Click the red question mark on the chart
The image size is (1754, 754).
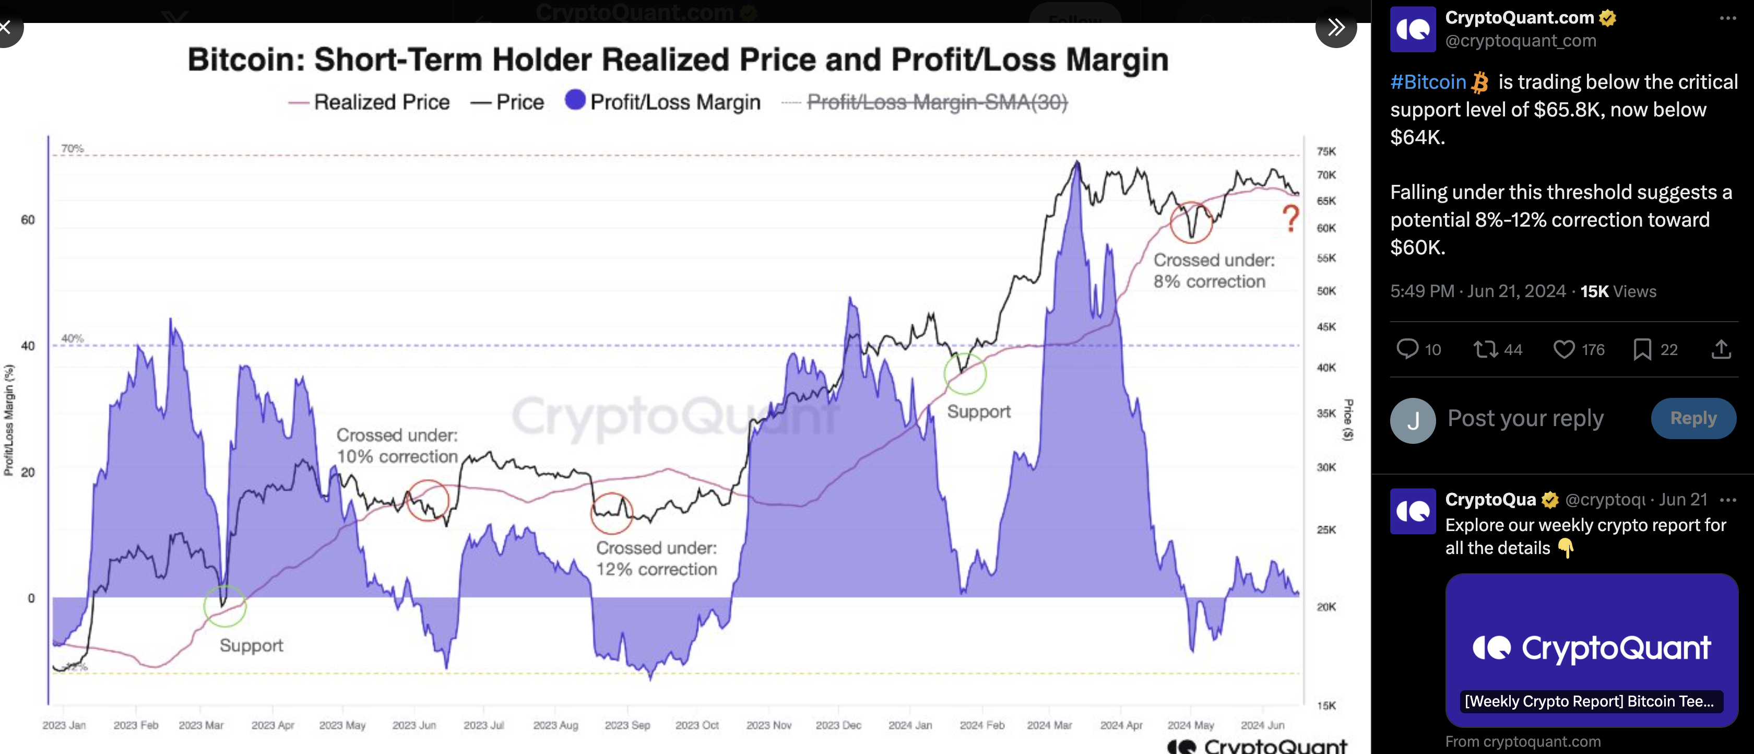coord(1290,219)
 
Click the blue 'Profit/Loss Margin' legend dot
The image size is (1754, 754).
coord(575,100)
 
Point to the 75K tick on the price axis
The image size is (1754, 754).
coord(1326,151)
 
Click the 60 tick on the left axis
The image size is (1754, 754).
coord(28,220)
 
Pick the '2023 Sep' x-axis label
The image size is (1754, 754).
coord(627,725)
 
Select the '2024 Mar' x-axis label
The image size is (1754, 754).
coord(1049,725)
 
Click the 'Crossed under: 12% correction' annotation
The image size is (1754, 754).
coord(656,559)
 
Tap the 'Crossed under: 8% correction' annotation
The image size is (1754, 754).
coord(1213,270)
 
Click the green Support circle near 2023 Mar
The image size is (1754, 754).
coord(224,606)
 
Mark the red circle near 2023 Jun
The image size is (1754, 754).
coord(428,501)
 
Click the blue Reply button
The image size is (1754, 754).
coord(1693,418)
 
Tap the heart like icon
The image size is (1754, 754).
coord(1563,349)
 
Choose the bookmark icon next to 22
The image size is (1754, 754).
coord(1642,349)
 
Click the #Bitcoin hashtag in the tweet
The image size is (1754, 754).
coord(1428,83)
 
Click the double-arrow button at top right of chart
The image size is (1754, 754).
coord(1336,27)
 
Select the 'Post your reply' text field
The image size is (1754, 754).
coord(1525,418)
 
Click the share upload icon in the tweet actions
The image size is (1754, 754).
coord(1721,349)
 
